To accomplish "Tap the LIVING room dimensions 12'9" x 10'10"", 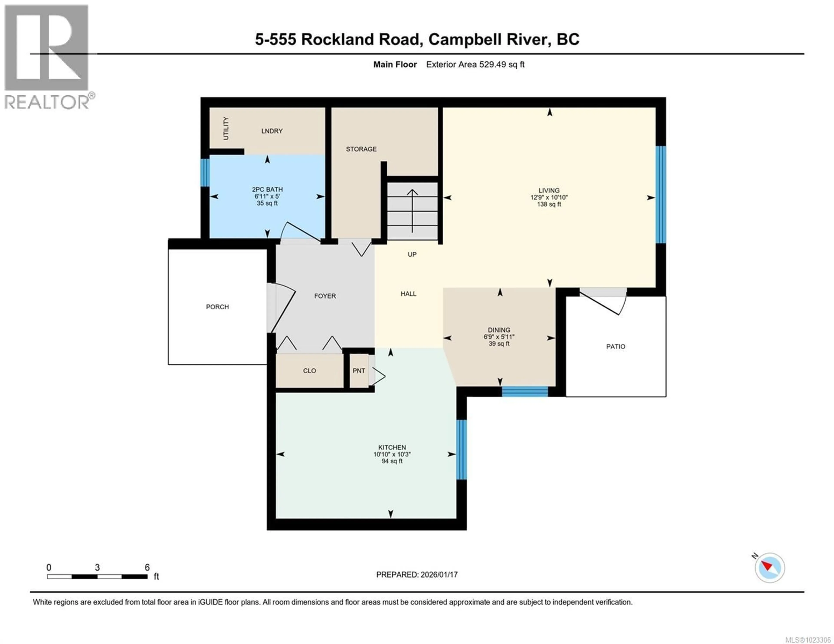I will pyautogui.click(x=549, y=197).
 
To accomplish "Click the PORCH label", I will pyautogui.click(x=217, y=307).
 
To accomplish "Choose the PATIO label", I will pyautogui.click(x=616, y=347).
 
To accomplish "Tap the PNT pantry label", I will pyautogui.click(x=359, y=371).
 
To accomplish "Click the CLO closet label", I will pyautogui.click(x=309, y=371).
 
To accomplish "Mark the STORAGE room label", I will pyautogui.click(x=361, y=149).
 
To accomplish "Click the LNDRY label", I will pyautogui.click(x=272, y=131).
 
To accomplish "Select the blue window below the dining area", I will pyautogui.click(x=525, y=392).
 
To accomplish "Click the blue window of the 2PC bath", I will pyautogui.click(x=205, y=173).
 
